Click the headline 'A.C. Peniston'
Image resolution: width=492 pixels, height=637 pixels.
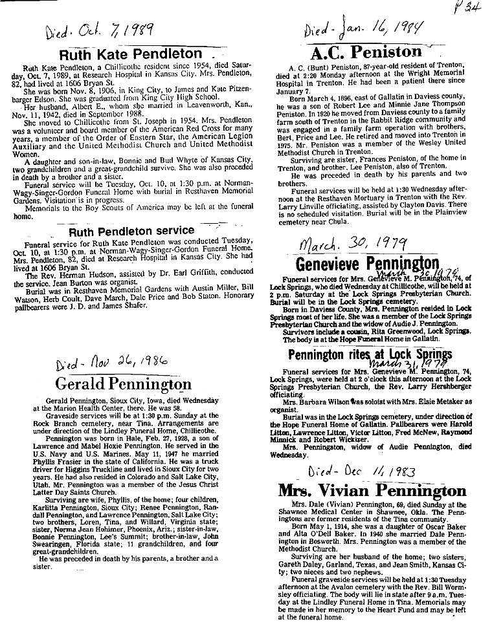coord(366,52)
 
